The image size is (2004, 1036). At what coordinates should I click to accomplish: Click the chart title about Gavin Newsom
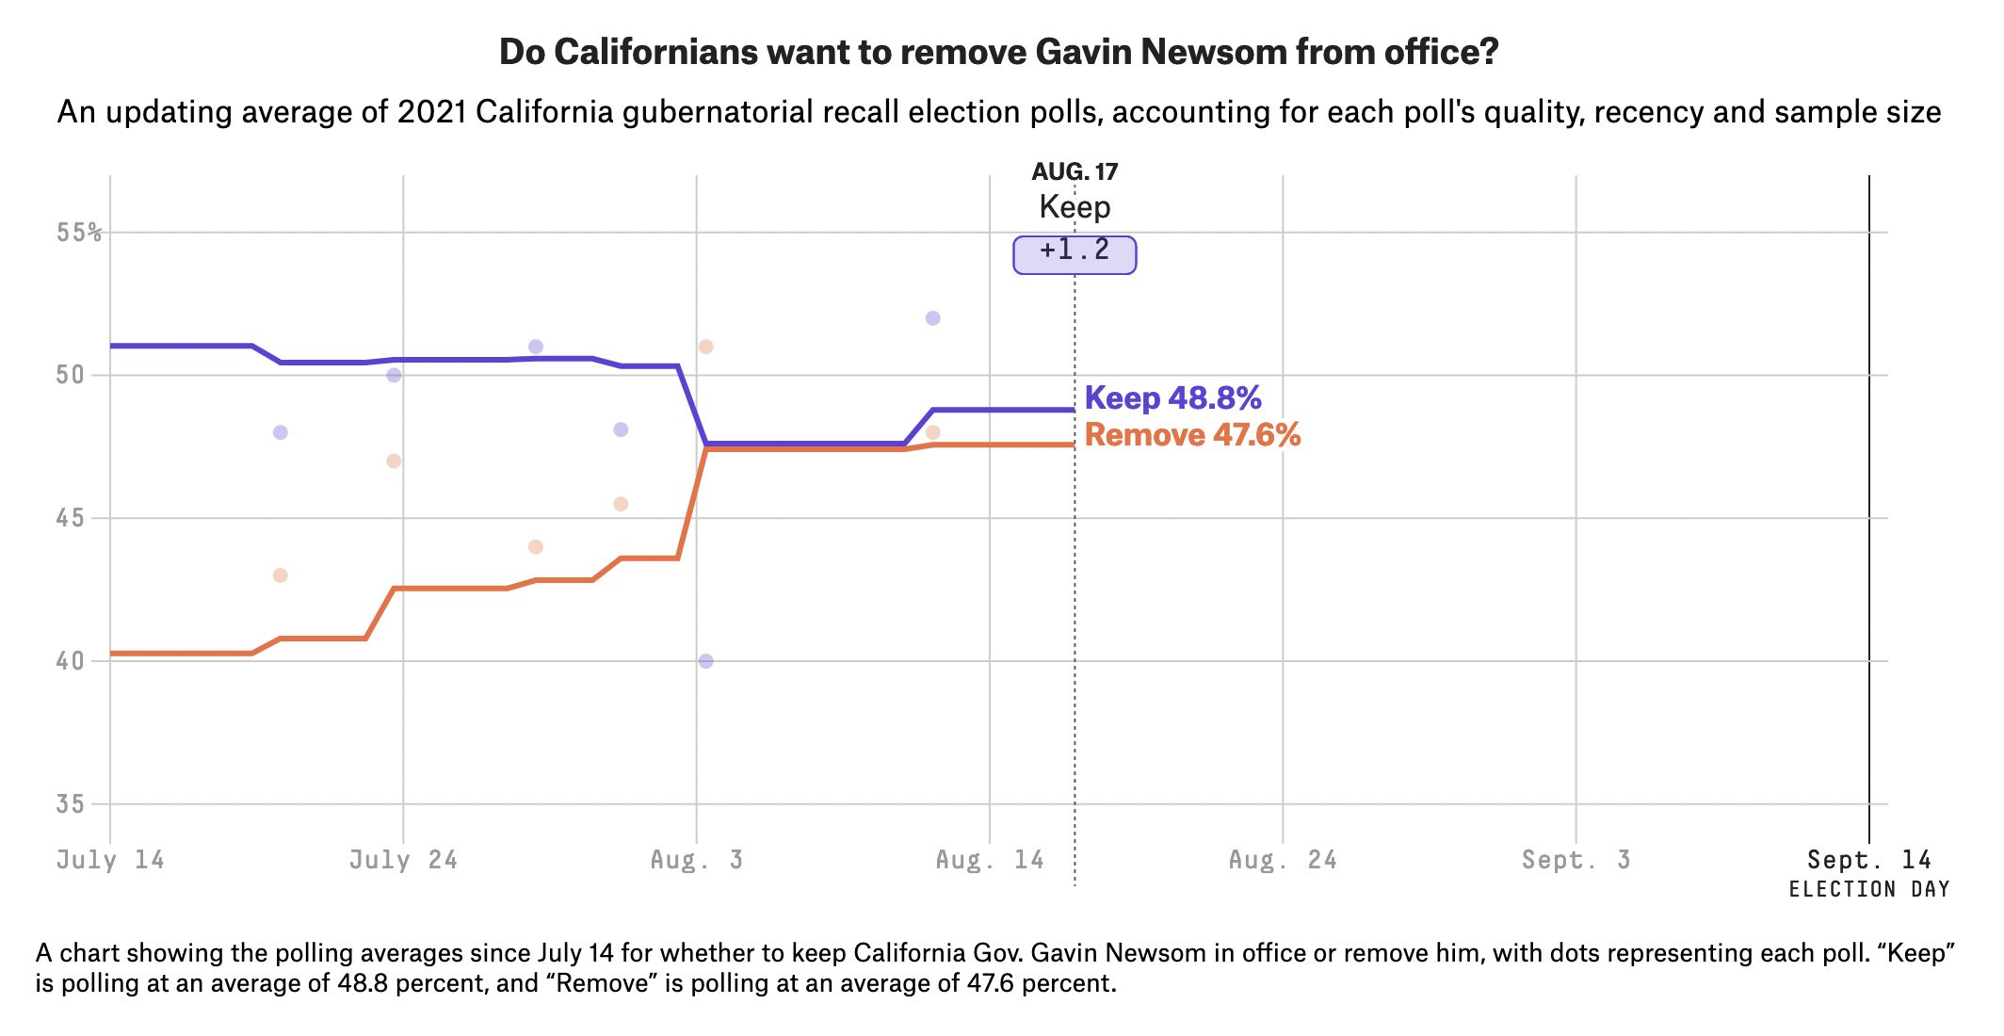pos(998,52)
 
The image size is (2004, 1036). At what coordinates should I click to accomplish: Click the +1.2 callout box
pos(1075,253)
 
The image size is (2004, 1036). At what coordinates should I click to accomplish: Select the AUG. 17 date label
pos(1075,171)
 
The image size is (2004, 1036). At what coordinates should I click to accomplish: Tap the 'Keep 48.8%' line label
pos(1172,398)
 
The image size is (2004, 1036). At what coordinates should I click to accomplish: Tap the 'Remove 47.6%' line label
pos(1192,435)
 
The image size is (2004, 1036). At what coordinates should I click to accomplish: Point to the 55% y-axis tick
pos(79,233)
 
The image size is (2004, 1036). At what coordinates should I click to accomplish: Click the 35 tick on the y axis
pos(70,804)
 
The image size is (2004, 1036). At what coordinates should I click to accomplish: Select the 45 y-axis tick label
pos(70,519)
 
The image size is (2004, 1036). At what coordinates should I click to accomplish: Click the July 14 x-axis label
pos(110,860)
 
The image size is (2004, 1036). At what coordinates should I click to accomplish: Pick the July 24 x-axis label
pos(403,860)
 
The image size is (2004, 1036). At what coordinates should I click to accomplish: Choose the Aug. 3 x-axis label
pos(697,860)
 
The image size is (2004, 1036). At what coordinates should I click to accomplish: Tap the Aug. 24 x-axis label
pos(1283,860)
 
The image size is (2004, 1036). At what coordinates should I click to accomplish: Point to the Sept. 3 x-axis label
pos(1576,860)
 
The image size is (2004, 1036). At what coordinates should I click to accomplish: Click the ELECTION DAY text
pos(1869,889)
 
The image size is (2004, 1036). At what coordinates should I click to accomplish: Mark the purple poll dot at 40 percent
pos(706,661)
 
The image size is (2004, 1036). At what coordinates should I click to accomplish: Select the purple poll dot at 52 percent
pos(933,318)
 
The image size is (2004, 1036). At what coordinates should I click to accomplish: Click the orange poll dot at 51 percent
pos(706,347)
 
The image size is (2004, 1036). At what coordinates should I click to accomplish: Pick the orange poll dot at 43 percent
pos(280,575)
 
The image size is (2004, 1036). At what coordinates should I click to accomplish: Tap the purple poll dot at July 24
pos(394,376)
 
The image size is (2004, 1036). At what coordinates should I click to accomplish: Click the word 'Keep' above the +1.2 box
pos(1075,207)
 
